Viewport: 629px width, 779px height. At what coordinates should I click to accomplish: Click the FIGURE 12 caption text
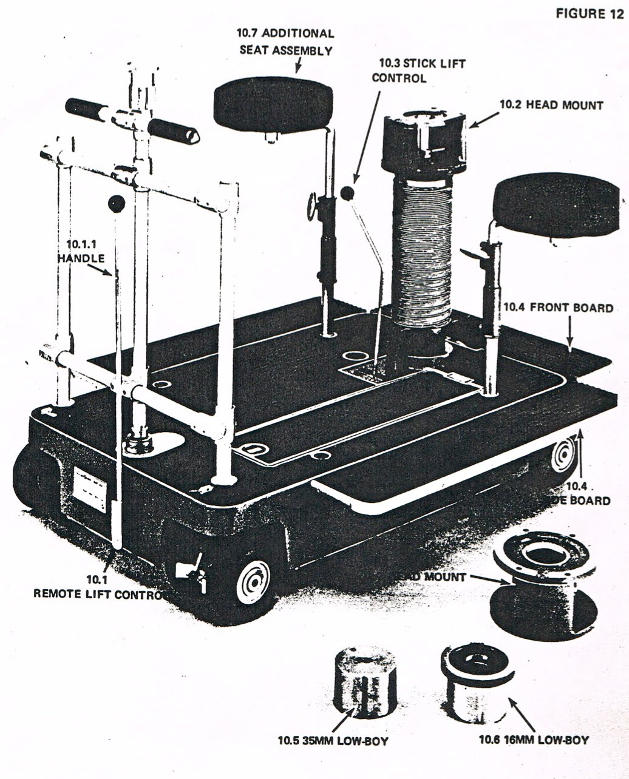click(x=588, y=14)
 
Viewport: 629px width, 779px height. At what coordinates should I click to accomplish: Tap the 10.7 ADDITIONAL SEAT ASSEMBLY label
click(x=287, y=42)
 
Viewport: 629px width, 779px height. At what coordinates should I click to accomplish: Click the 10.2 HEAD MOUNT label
click(x=551, y=105)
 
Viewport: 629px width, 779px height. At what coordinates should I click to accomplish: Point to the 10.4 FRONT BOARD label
click(x=558, y=308)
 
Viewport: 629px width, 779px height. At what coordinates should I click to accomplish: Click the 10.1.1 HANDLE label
click(x=81, y=252)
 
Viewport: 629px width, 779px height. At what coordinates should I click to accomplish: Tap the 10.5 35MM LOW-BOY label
click(x=333, y=740)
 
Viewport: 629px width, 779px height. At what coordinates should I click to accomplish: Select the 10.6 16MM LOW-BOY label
click(x=533, y=740)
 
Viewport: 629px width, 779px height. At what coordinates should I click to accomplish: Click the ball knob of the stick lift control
click(x=347, y=194)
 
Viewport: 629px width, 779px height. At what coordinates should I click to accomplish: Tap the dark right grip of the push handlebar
click(x=174, y=130)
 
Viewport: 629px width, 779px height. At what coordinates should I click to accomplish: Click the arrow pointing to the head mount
click(x=482, y=120)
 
